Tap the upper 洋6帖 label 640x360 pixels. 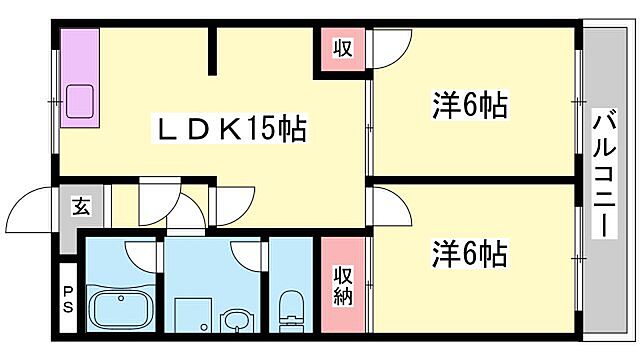tap(469, 105)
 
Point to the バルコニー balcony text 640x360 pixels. tap(603, 172)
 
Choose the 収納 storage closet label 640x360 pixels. tap(342, 284)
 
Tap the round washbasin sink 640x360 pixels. tap(237, 320)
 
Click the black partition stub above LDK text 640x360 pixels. tap(212, 52)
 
